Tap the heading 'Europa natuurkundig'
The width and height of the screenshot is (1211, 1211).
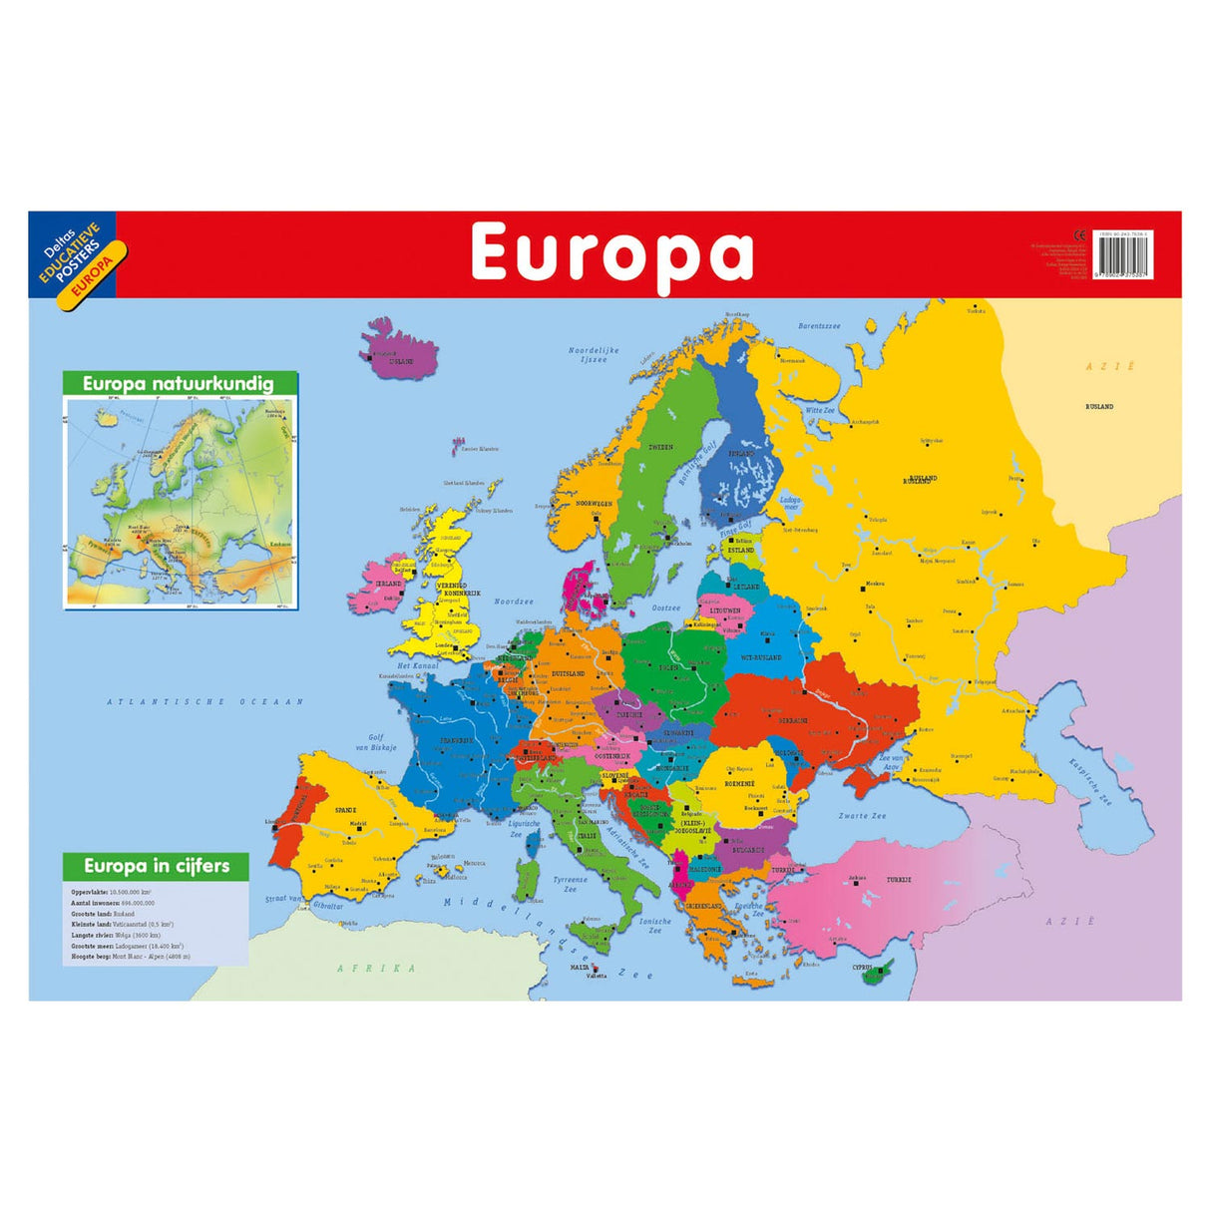179,384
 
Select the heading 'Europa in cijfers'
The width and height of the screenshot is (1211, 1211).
157,866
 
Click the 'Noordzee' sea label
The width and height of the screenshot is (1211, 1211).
514,602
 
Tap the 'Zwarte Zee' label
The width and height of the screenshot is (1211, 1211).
862,816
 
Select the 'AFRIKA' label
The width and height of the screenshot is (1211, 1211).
376,968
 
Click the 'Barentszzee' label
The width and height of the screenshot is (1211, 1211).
819,326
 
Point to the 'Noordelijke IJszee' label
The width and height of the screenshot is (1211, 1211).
594,355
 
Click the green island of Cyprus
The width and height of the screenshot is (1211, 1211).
879,971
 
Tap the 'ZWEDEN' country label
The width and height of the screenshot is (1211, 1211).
659,447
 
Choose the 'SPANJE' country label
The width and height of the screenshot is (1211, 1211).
345,810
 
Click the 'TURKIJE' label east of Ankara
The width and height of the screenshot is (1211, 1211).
900,879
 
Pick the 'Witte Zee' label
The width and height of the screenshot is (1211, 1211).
820,410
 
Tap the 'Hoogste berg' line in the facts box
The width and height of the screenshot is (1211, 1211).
130,957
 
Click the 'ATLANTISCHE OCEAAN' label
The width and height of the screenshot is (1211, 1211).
204,702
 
